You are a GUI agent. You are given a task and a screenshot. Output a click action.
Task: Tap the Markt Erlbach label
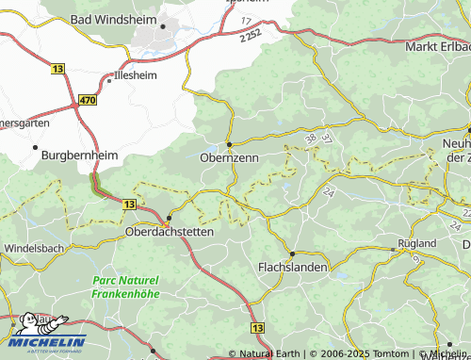pyautogui.click(x=436, y=46)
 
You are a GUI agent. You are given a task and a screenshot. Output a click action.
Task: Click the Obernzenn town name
pyautogui.click(x=229, y=159)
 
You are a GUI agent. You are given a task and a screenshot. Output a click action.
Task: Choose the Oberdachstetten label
pyautogui.click(x=171, y=231)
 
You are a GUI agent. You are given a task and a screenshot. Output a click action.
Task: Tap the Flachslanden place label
pyautogui.click(x=293, y=268)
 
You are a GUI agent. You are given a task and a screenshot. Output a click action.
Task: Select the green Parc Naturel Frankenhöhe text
pyautogui.click(x=125, y=287)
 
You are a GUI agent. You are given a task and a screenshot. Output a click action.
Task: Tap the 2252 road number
pyautogui.click(x=250, y=36)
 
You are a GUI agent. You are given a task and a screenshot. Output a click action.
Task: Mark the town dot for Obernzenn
pyautogui.click(x=229, y=144)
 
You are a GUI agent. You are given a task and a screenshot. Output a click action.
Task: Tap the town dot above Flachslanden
pyautogui.click(x=292, y=254)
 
